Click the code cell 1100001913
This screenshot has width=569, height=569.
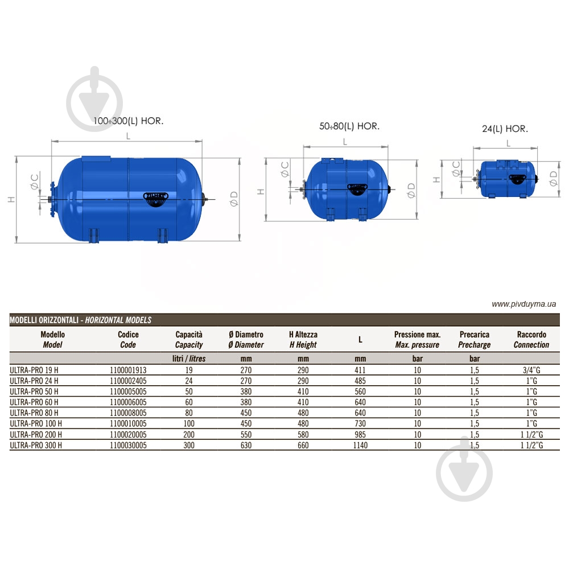click(x=128, y=369)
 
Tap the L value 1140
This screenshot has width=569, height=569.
click(x=360, y=446)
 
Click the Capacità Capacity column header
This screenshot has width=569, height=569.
click(x=188, y=340)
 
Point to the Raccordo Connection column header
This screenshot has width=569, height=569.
click(x=531, y=340)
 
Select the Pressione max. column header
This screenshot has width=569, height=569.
click(x=417, y=340)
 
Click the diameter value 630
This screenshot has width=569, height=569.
click(x=245, y=446)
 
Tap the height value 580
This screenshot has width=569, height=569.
click(x=303, y=435)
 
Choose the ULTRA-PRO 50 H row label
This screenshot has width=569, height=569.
click(x=34, y=391)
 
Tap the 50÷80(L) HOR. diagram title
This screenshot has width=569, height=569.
click(x=349, y=126)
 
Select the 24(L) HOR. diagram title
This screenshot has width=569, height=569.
click(x=505, y=129)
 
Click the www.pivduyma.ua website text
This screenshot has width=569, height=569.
click(x=523, y=304)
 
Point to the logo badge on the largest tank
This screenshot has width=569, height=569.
click(x=156, y=196)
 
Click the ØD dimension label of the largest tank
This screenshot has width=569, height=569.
click(x=233, y=197)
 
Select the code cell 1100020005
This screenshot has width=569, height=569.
click(x=128, y=435)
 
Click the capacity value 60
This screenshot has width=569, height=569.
click(x=188, y=402)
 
